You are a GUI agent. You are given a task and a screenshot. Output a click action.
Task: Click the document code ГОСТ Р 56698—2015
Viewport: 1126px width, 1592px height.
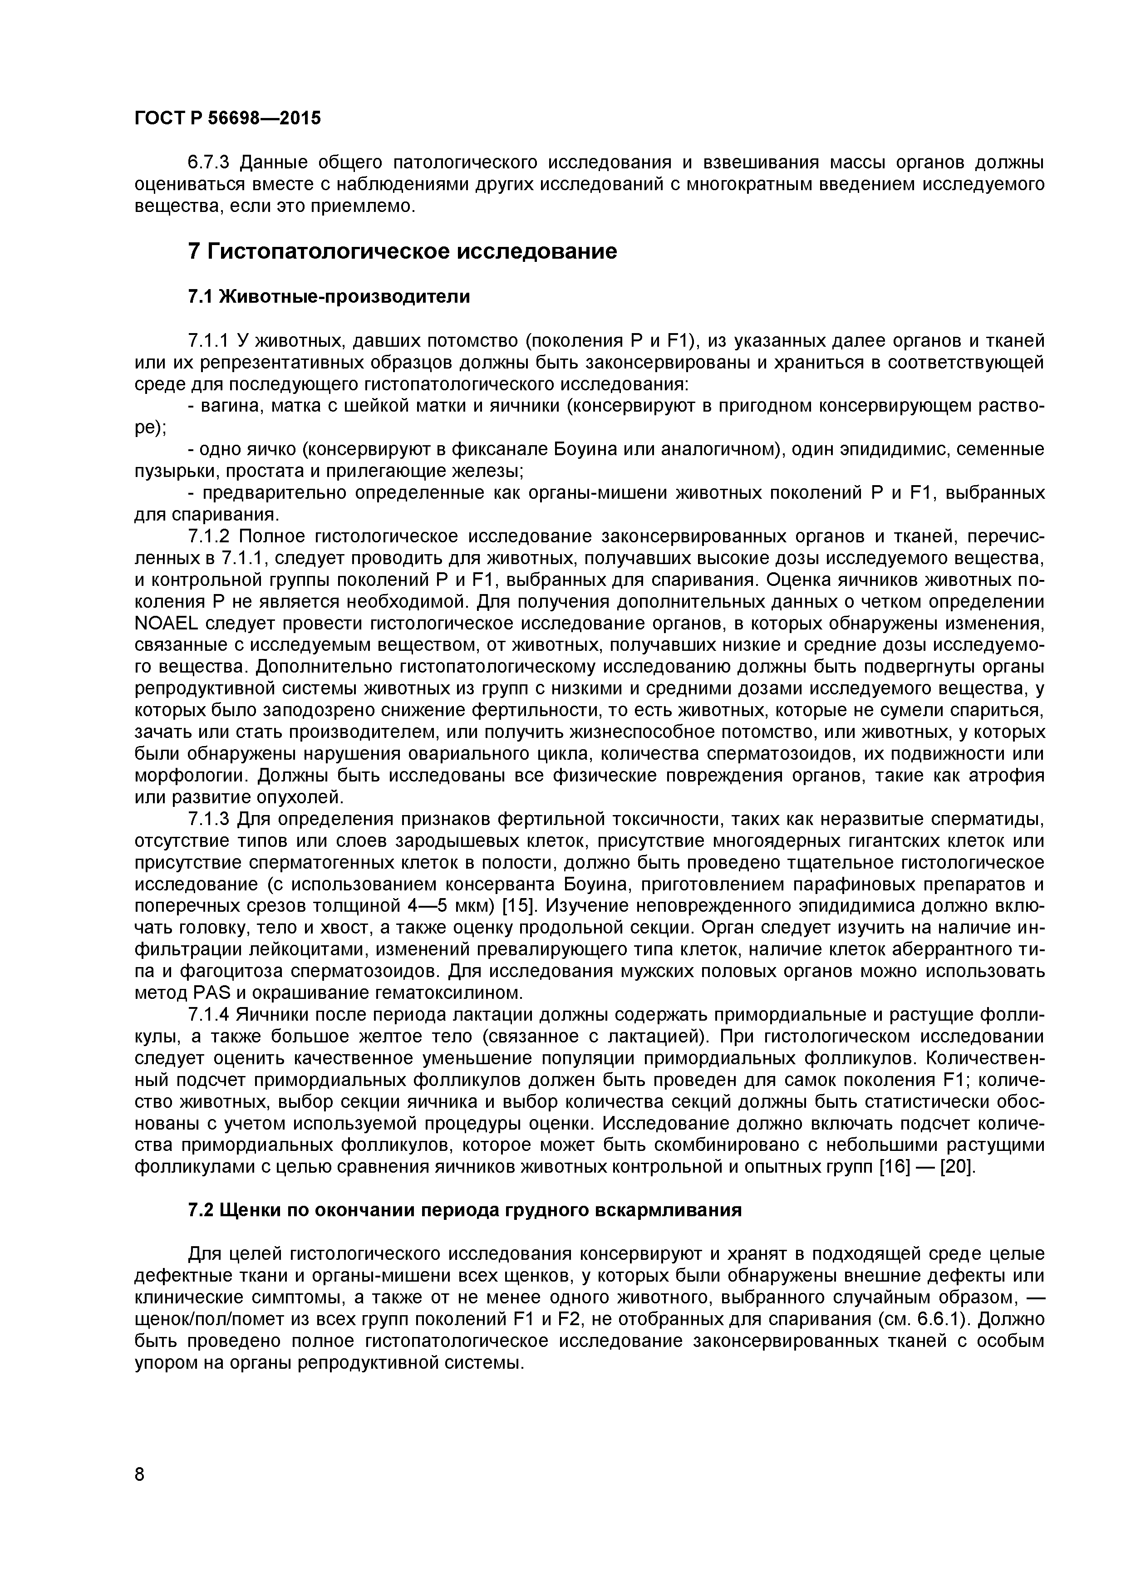(x=227, y=118)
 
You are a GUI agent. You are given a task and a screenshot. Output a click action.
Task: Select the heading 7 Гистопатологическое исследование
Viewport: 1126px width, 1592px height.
(x=402, y=251)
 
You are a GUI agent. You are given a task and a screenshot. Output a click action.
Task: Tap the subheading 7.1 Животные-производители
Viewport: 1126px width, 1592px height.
(x=329, y=297)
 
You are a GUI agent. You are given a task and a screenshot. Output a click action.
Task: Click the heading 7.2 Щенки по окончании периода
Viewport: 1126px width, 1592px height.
(x=465, y=1210)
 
